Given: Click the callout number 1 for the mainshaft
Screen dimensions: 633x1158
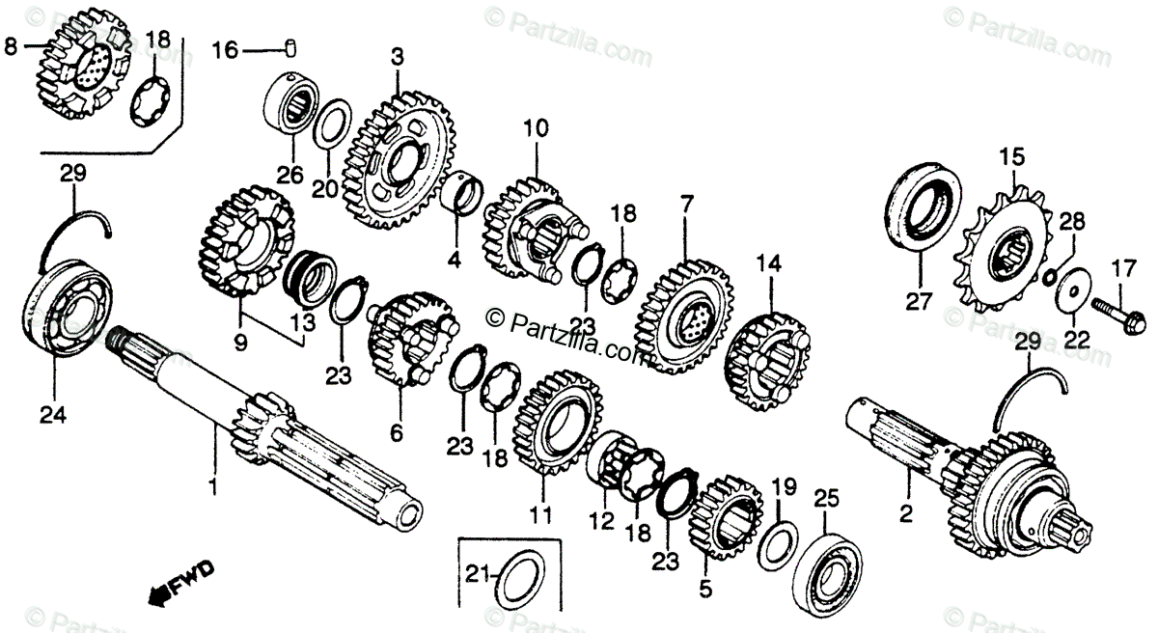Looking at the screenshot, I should pos(213,480).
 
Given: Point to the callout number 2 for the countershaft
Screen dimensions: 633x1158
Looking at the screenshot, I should pos(905,514).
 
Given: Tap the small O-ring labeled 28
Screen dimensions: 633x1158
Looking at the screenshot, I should pos(1049,277).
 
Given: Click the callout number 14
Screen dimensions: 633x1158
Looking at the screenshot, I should pos(767,261).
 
